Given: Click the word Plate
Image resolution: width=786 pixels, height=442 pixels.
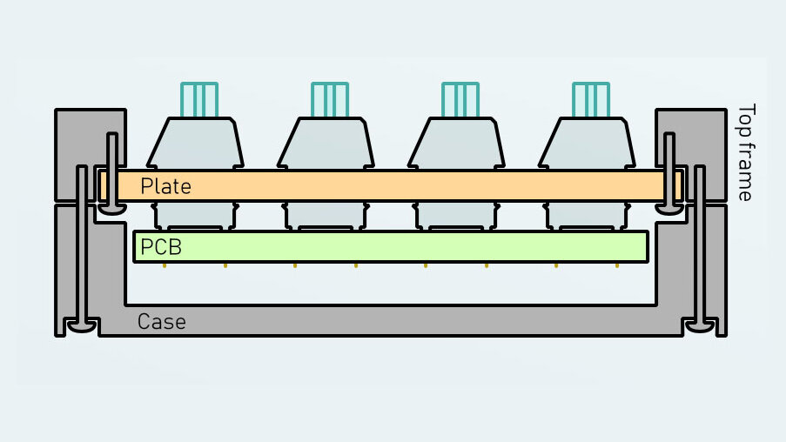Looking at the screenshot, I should coord(165,185).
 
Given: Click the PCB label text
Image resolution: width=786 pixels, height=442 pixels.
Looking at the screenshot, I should coord(161,247).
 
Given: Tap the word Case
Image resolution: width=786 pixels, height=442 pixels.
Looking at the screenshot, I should coord(162,322).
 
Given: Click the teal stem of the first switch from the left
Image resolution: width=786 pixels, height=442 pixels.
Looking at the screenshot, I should coord(199,99).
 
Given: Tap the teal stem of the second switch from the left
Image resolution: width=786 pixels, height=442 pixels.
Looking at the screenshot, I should coord(330,99).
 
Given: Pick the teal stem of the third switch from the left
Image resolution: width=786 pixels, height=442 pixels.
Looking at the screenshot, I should coord(460,99).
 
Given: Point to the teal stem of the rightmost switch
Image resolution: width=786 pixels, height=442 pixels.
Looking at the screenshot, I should coord(591,99).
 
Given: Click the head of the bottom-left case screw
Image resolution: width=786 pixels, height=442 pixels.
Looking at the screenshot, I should coord(81,326).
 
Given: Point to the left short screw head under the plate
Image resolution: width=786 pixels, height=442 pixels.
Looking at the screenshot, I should coord(112,208).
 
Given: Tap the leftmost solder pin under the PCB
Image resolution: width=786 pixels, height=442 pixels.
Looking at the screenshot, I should coord(165,265).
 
